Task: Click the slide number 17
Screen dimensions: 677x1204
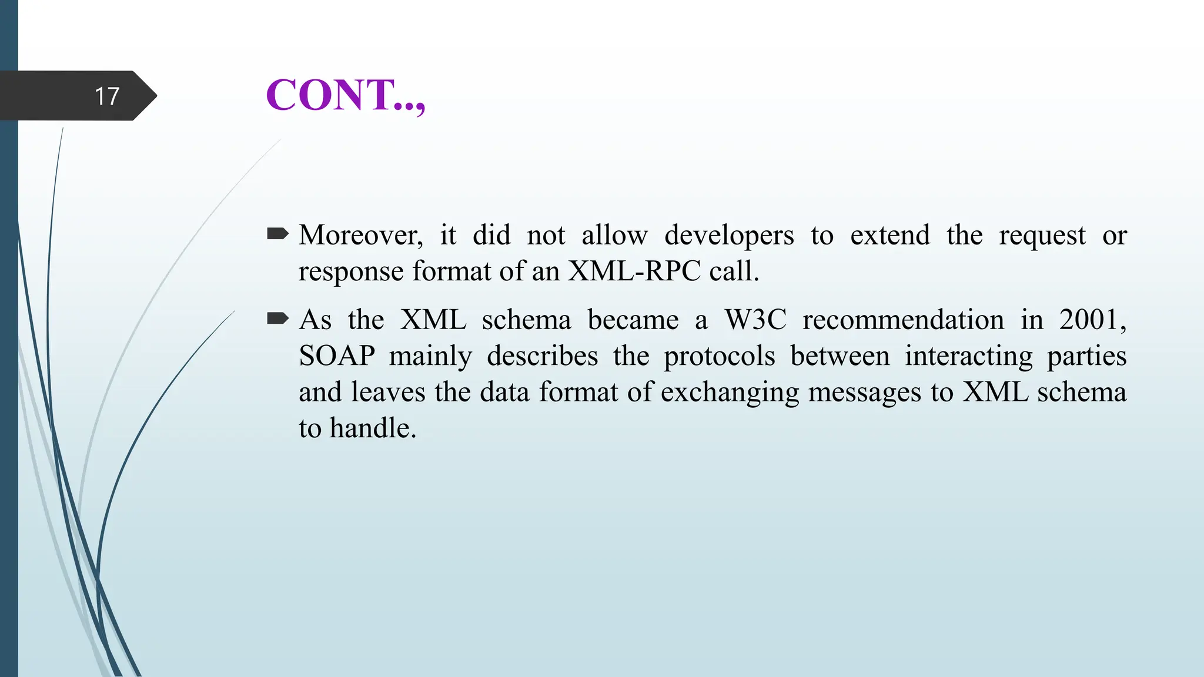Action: click(107, 96)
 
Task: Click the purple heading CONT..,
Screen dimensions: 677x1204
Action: click(345, 95)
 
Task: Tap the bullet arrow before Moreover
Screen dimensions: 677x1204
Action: click(277, 234)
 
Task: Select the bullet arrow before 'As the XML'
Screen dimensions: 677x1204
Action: click(277, 319)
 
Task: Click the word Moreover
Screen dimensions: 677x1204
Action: click(360, 236)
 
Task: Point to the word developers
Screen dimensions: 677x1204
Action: click(729, 236)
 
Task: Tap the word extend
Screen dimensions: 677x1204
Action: click(889, 236)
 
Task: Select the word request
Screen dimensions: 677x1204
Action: click(1042, 236)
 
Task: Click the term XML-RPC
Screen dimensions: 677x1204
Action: click(634, 272)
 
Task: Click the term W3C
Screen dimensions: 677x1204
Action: click(755, 320)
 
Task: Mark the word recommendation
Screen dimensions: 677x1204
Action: click(903, 320)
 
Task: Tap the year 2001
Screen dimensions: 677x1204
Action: click(1092, 320)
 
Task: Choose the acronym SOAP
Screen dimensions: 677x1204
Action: click(337, 356)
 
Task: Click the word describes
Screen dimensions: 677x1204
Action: click(542, 356)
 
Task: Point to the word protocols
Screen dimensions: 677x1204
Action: click(720, 356)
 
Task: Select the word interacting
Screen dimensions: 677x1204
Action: click(968, 356)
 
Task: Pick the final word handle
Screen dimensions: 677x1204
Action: click(372, 428)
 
